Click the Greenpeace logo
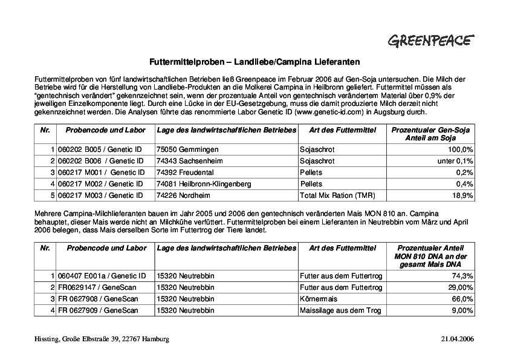(430, 41)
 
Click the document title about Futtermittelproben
(254, 62)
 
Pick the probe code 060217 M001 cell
(100, 172)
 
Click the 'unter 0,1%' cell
(455, 160)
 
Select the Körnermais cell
(318, 299)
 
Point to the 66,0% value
(462, 299)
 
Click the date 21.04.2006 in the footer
(458, 339)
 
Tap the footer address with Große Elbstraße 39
(102, 339)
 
